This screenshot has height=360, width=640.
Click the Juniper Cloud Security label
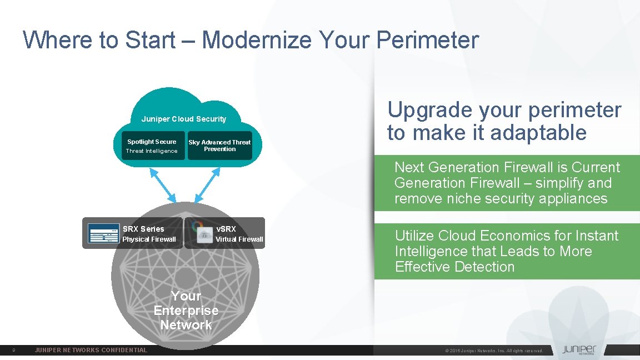(x=184, y=119)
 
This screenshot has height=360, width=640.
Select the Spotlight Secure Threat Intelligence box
(x=152, y=146)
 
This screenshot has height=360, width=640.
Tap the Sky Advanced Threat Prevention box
(x=219, y=146)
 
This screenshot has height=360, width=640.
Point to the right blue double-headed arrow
(x=208, y=186)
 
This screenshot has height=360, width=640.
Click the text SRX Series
(x=143, y=229)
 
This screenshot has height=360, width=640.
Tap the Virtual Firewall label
(x=239, y=239)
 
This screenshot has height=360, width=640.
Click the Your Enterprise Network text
(x=186, y=311)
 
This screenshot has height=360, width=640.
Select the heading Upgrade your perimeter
(x=504, y=110)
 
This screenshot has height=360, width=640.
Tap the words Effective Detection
(x=454, y=267)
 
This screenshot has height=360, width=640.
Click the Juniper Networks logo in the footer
(x=579, y=350)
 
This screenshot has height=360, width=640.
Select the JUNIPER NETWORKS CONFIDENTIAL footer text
(x=91, y=350)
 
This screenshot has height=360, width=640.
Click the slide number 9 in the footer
(x=13, y=351)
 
